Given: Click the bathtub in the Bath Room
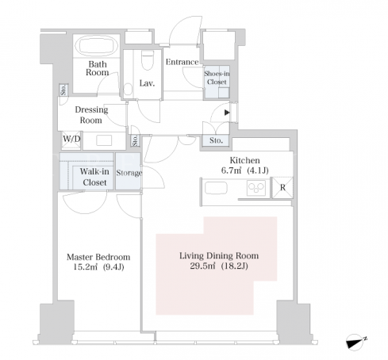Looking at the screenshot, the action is [x=96, y=45].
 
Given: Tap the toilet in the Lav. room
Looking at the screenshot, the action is [x=148, y=59].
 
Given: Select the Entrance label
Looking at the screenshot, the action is [x=182, y=62].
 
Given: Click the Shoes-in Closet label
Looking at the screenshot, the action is [x=217, y=78].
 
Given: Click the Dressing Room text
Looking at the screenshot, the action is [x=91, y=115].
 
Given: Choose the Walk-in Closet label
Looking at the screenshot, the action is [x=94, y=177].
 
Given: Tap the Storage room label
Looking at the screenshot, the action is [x=129, y=173].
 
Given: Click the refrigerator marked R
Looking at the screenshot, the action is [x=282, y=187].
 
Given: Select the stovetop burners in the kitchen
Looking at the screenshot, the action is [x=255, y=188].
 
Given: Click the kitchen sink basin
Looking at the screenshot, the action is [x=216, y=188].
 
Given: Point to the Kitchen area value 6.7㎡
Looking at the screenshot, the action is [x=231, y=170].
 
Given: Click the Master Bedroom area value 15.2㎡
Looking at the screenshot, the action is [x=85, y=266].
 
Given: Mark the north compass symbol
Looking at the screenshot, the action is [x=355, y=342].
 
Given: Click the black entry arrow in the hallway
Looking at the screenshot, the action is [x=227, y=113].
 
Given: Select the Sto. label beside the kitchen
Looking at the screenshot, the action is [x=216, y=140].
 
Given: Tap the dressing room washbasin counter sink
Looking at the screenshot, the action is [x=104, y=140].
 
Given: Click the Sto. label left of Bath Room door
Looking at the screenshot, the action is [x=63, y=90].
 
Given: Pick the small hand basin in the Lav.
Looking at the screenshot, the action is [x=128, y=90].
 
